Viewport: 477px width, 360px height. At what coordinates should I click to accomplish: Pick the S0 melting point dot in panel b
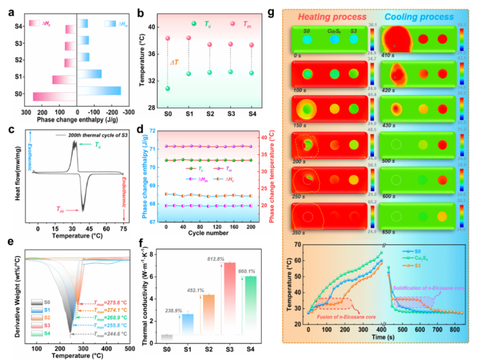[168, 38]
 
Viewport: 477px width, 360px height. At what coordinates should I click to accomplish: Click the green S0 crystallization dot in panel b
[168, 89]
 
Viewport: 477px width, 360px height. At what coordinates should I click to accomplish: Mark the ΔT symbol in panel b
[174, 64]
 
